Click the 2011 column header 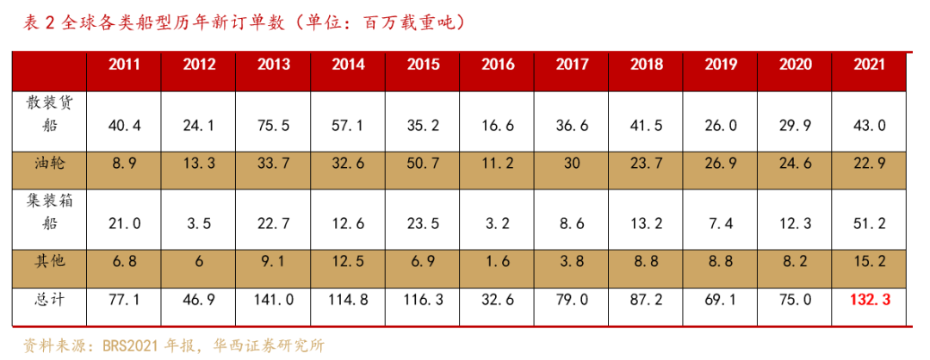[125, 65]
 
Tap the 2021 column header [869, 65]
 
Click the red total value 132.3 [869, 301]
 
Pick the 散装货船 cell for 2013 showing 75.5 [274, 127]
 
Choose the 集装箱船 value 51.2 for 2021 [869, 224]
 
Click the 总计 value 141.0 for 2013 [274, 301]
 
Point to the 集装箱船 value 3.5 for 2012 [199, 224]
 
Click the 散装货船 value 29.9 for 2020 [795, 127]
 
